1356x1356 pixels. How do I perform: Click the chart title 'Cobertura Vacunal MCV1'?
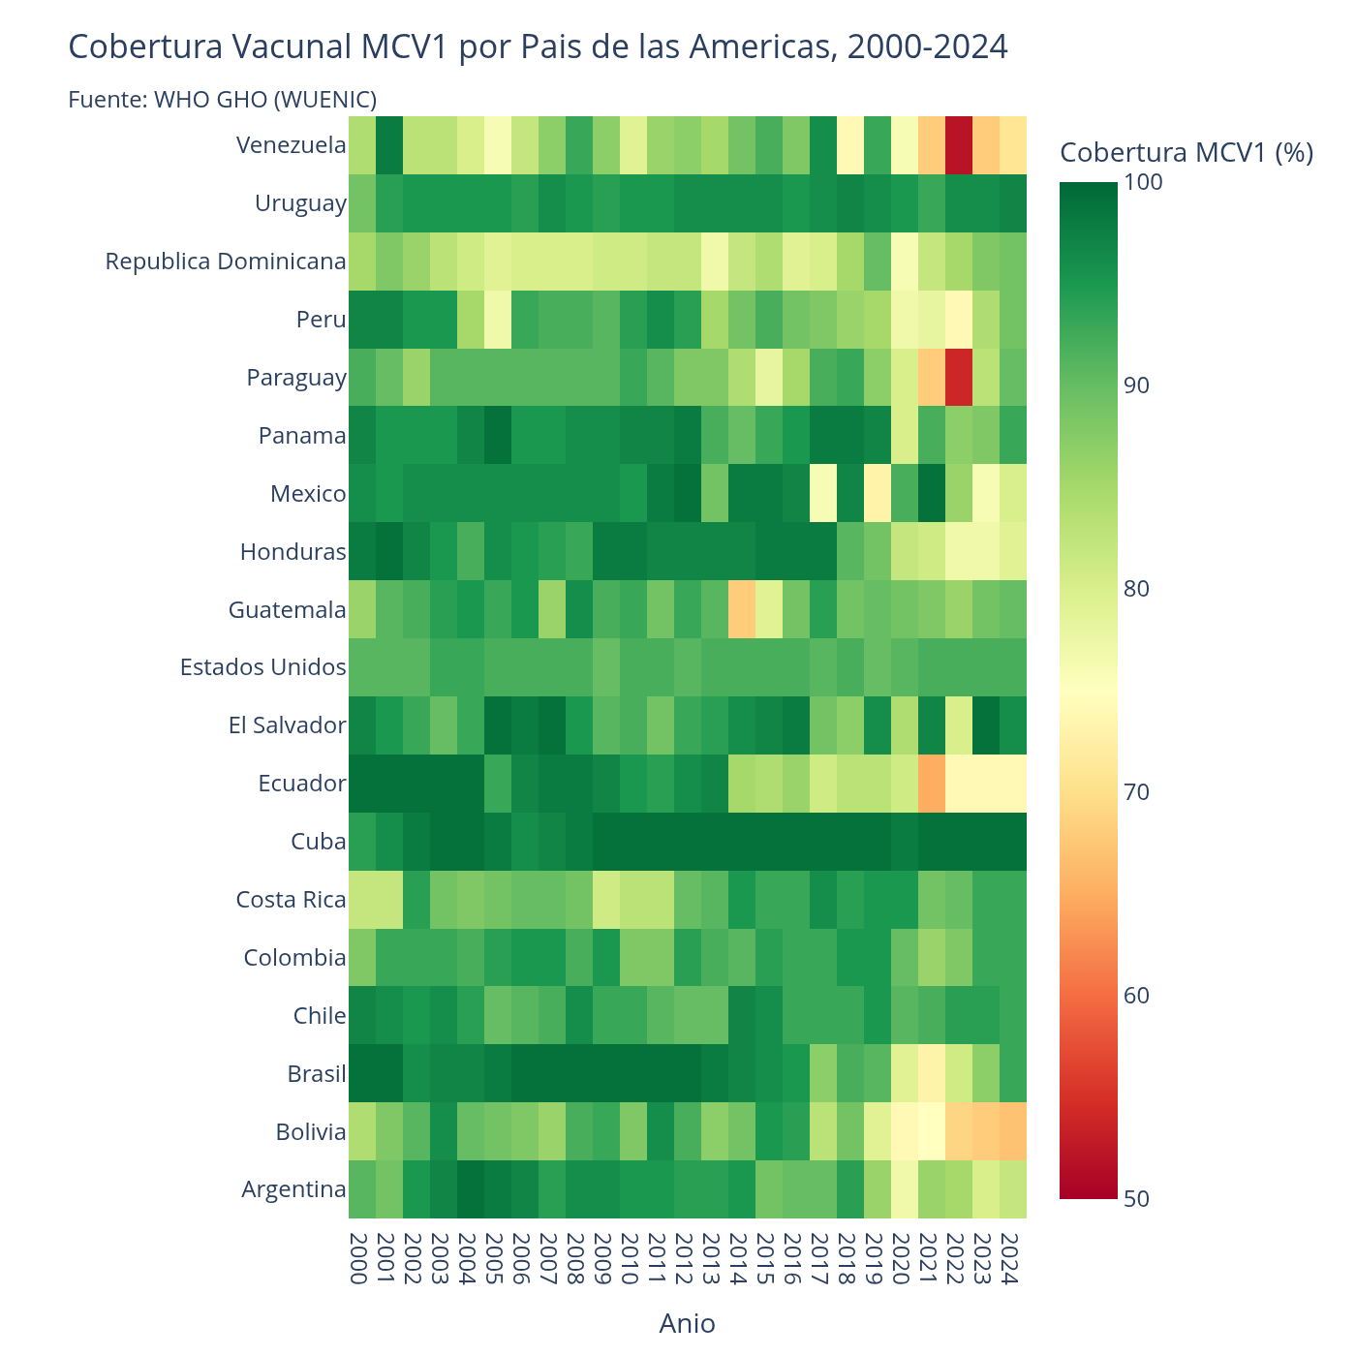[538, 46]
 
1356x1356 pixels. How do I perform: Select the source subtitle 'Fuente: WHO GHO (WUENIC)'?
[222, 99]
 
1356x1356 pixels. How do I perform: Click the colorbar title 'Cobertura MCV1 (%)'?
[1186, 152]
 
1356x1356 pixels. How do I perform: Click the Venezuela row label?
[291, 145]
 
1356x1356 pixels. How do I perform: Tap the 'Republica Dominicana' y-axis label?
[226, 262]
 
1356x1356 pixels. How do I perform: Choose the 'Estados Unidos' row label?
[262, 667]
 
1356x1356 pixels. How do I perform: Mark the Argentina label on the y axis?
[293, 1189]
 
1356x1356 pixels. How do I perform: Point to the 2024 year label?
[1007, 1258]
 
